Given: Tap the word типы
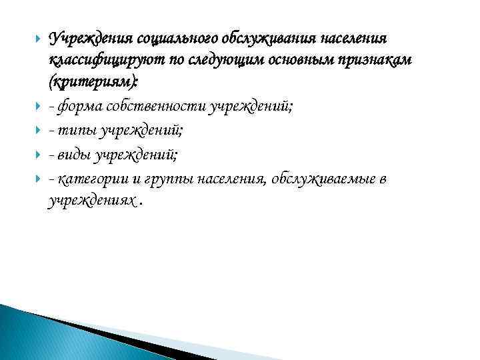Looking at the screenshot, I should point(77,132).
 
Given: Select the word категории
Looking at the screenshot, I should point(93,179).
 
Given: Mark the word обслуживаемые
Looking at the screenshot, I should point(321,179).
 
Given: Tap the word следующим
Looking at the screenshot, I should point(220,60).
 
